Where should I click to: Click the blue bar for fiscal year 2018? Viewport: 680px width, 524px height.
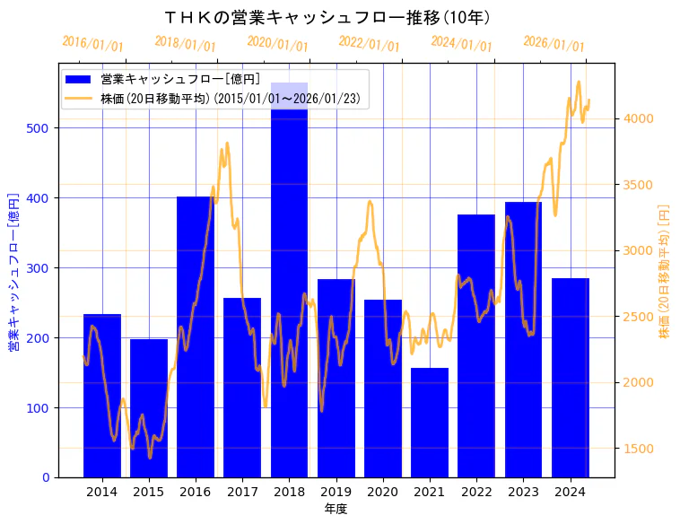click(x=289, y=287)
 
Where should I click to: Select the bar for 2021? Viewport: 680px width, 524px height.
click(x=430, y=422)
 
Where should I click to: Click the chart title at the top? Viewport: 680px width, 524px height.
click(x=327, y=17)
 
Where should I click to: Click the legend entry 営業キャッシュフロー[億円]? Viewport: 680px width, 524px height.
click(x=180, y=80)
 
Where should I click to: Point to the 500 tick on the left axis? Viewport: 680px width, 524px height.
click(x=48, y=128)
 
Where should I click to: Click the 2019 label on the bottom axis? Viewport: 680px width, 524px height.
click(x=336, y=492)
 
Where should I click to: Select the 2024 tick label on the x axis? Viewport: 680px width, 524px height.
click(x=571, y=492)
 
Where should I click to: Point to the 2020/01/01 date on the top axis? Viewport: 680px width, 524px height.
click(x=277, y=44)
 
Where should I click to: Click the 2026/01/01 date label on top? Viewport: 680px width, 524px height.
click(x=554, y=44)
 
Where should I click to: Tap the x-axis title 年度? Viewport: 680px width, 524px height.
click(x=336, y=509)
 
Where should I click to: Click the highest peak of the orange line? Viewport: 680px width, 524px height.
click(x=579, y=82)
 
